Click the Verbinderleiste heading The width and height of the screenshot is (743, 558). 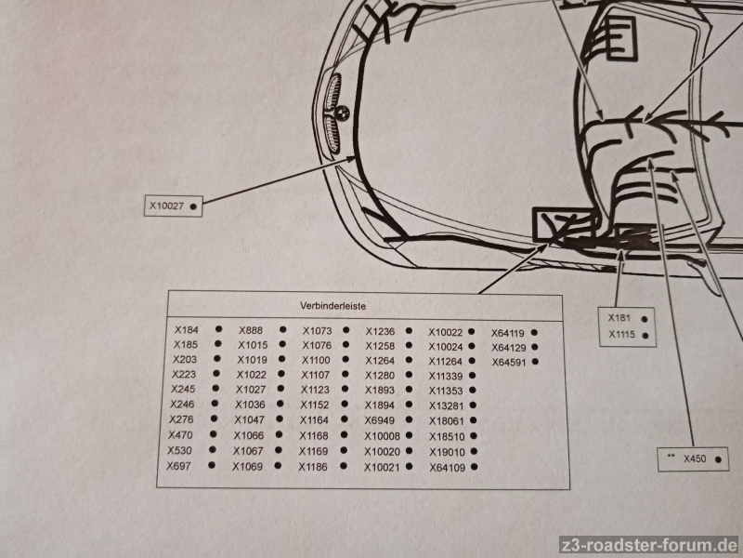(x=332, y=306)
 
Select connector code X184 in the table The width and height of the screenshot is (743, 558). (x=187, y=330)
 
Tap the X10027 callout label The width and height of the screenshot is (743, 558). (x=166, y=206)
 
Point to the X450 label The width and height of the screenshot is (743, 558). (x=695, y=458)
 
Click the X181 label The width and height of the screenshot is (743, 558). (x=619, y=318)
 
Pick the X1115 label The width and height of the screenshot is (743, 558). (x=621, y=334)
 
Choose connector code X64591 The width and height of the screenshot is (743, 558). (x=508, y=362)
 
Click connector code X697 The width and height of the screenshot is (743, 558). (x=178, y=466)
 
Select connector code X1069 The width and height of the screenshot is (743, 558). (x=247, y=467)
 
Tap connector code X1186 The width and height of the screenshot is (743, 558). (x=313, y=467)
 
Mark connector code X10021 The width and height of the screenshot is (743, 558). (x=382, y=468)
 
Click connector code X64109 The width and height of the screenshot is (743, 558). (x=448, y=468)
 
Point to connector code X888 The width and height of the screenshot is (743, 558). (x=251, y=330)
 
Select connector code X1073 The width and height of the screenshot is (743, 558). (x=317, y=331)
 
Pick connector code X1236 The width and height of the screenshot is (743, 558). (x=380, y=331)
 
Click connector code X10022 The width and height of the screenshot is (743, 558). (x=446, y=332)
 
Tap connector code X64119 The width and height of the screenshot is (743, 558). (x=507, y=333)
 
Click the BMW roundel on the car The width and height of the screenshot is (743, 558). (x=343, y=113)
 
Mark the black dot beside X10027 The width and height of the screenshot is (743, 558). (x=193, y=206)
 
